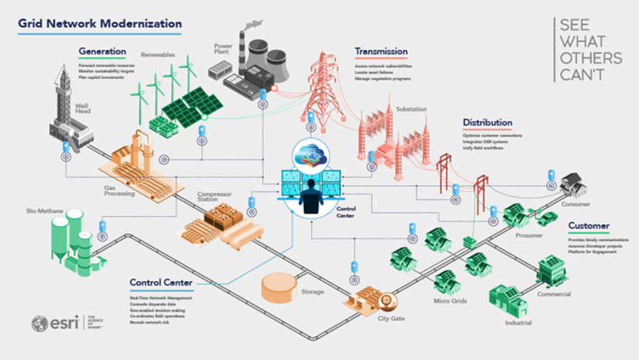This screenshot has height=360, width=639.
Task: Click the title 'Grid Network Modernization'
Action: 100,24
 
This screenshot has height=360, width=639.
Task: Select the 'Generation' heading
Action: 102,52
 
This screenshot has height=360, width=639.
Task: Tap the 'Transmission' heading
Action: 381,52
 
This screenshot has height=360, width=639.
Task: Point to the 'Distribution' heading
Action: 487,122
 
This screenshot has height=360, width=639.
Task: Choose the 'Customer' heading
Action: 589,227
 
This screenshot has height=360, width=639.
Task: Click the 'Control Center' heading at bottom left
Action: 161,283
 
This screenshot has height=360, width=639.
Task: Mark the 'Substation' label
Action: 412,109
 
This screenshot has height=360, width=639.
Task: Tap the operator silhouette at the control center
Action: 313,197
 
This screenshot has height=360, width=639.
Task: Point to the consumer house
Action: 575,184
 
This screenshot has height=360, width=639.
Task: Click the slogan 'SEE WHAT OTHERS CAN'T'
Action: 591,49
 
